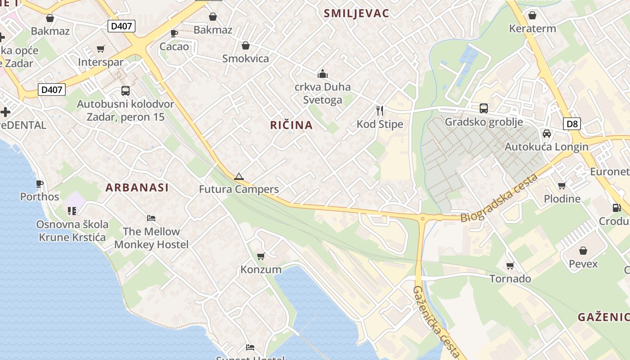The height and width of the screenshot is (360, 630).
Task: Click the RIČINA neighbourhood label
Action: pyautogui.click(x=291, y=125)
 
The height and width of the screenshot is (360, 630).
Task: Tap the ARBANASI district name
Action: pyautogui.click(x=137, y=188)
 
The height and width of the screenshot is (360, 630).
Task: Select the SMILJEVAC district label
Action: pyautogui.click(x=356, y=13)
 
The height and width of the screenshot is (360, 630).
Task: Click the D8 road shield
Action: pyautogui.click(x=572, y=124)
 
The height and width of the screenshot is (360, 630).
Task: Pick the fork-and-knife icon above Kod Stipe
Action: pyautogui.click(x=380, y=110)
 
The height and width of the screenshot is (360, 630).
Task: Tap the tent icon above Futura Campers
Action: pyautogui.click(x=238, y=176)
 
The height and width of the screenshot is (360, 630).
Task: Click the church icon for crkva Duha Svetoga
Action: pyautogui.click(x=322, y=73)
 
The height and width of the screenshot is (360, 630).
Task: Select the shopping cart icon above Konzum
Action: pyautogui.click(x=261, y=256)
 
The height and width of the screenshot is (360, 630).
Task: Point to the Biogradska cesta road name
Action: pyautogui.click(x=499, y=198)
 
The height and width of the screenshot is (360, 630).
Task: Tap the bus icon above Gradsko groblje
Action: pyautogui.click(x=484, y=108)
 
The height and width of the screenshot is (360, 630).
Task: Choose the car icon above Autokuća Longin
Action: pyautogui.click(x=547, y=134)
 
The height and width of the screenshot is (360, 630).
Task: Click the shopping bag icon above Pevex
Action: pyautogui.click(x=583, y=251)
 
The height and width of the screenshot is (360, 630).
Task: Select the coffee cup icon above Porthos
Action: pyautogui.click(x=40, y=184)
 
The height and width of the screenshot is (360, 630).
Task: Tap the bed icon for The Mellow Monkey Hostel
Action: pyautogui.click(x=151, y=218)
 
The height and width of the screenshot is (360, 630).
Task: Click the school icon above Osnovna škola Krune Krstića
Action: pyautogui.click(x=72, y=211)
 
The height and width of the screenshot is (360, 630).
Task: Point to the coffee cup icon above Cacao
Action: pyautogui.click(x=174, y=33)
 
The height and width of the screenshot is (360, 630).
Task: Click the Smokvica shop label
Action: pyautogui.click(x=246, y=58)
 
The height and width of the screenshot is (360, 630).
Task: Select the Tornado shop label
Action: pyautogui.click(x=510, y=279)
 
